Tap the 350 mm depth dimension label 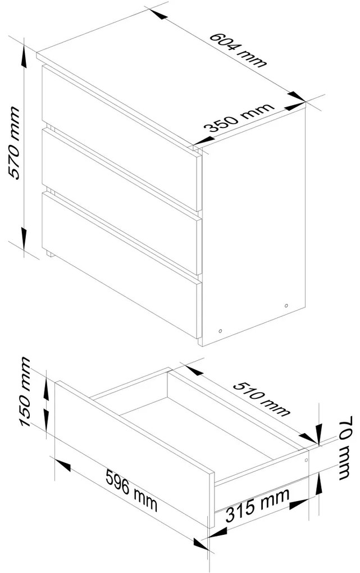(x=238, y=119)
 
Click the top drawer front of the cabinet (x=121, y=138)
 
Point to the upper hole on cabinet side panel (x=286, y=306)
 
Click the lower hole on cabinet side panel (x=220, y=331)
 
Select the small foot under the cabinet (x=49, y=254)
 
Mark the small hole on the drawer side (x=306, y=460)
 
